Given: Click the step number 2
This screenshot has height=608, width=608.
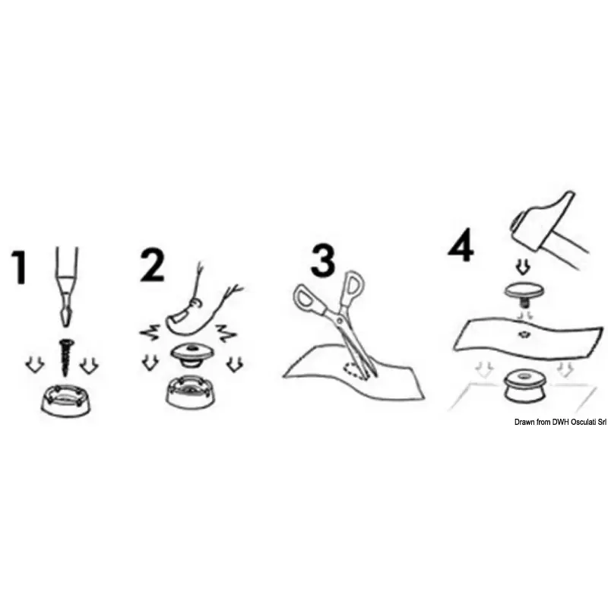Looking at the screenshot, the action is pos(152,265).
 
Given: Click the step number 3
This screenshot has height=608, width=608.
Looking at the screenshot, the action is pos(322,260).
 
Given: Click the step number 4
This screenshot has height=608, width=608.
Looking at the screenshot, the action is pos(461,245).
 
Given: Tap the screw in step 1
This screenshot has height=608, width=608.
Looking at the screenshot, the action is pos(65,356).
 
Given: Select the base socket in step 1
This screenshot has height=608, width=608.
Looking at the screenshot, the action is pos(67,401).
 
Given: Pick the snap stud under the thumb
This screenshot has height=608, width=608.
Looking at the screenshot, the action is pos(192,355).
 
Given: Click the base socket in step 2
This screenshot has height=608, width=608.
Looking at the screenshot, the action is pos(190,393).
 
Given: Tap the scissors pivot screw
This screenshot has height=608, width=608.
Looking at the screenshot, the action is pos(340,320).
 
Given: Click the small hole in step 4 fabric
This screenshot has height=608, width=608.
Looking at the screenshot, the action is pos(523,334).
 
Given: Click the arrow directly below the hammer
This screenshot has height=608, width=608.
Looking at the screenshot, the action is pos(524,267).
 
